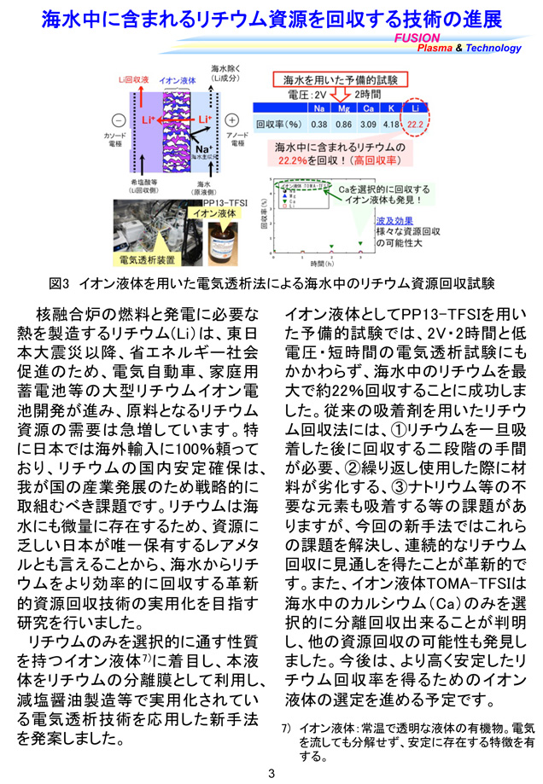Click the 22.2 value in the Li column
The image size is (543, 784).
click(x=414, y=124)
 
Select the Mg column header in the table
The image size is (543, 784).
click(x=345, y=108)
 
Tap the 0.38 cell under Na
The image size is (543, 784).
click(x=320, y=124)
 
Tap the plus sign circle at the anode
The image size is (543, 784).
click(x=231, y=119)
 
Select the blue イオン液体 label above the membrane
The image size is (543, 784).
click(x=177, y=79)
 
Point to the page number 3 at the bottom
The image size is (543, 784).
click(x=271, y=774)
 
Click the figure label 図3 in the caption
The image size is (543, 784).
click(x=61, y=282)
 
